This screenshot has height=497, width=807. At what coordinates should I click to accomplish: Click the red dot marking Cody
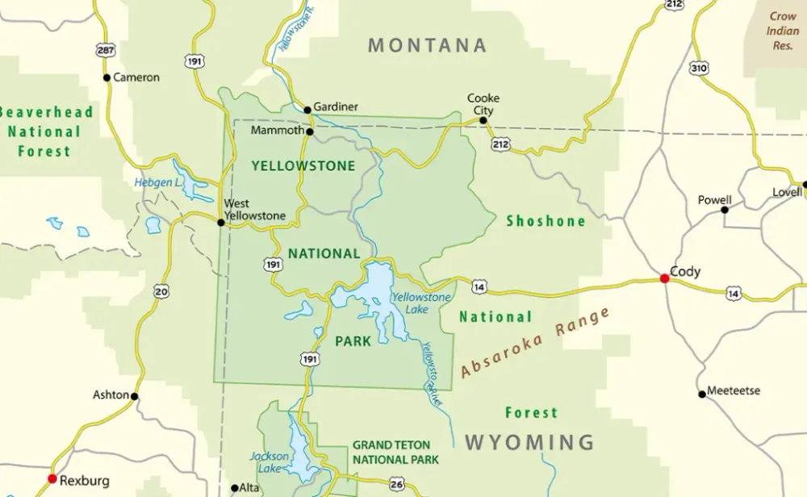(x=664, y=278)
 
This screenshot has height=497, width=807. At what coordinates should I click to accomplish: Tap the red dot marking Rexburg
(x=52, y=478)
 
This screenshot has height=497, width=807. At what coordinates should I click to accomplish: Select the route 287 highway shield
(x=104, y=50)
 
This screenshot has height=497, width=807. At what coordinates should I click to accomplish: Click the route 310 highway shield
(x=699, y=68)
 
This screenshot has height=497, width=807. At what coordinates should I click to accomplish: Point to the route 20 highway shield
(x=161, y=291)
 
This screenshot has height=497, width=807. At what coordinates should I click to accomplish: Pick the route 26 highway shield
(x=396, y=484)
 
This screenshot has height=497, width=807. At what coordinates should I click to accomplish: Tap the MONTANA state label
(x=428, y=45)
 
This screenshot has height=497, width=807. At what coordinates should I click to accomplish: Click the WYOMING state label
(x=529, y=442)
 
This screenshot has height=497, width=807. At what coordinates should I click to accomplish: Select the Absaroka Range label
(x=536, y=343)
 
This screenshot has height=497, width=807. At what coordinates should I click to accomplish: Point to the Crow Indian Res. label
(x=782, y=31)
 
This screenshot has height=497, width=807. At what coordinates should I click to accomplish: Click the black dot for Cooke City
(x=483, y=120)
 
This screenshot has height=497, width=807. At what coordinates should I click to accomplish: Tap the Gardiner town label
(x=336, y=106)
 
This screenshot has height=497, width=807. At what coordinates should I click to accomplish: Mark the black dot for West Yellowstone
(x=220, y=222)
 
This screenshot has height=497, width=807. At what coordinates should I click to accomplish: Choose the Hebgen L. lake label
(x=157, y=183)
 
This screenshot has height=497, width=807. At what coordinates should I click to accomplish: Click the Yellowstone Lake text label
(x=421, y=303)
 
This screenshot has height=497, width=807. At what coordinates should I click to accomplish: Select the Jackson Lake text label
(x=269, y=462)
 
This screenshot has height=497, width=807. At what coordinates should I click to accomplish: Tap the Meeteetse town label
(x=734, y=390)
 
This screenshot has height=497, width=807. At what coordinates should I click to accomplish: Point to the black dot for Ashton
(x=135, y=396)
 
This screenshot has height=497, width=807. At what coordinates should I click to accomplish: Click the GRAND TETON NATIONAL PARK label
(x=395, y=452)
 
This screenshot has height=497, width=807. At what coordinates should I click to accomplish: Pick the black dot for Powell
(x=725, y=210)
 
